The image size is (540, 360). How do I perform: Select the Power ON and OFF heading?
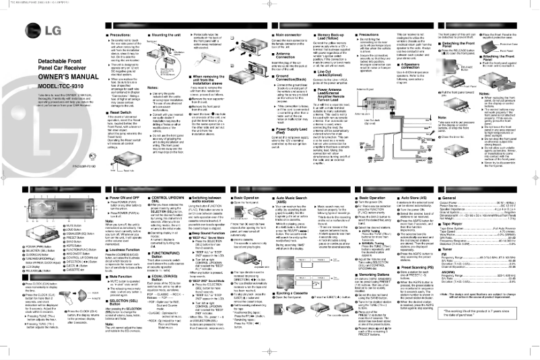click(x=144, y=201)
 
